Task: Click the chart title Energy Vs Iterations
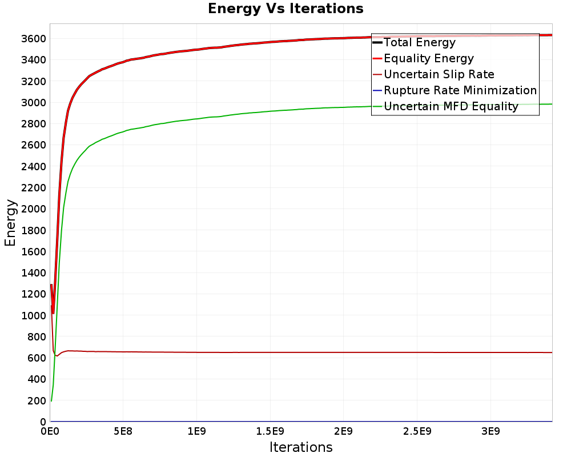point(285,9)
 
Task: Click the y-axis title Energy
point(10,222)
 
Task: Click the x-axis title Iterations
point(301,447)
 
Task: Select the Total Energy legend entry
point(420,42)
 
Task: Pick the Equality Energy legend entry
point(429,58)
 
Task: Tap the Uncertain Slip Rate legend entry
point(439,74)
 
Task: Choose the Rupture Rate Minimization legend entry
point(460,90)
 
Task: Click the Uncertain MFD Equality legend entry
point(451,106)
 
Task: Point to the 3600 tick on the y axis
point(34,39)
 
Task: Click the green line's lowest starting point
point(51,400)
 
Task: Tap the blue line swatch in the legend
point(377,90)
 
